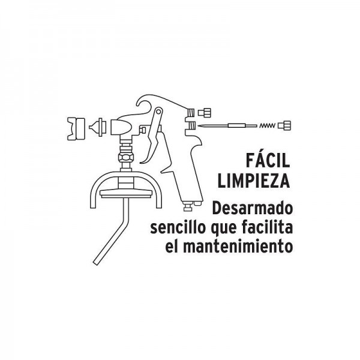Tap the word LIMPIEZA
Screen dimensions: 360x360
pyautogui.click(x=254, y=181)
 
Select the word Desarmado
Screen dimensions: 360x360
pyautogui.click(x=253, y=208)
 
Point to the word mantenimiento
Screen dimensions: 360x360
pyautogui.click(x=238, y=246)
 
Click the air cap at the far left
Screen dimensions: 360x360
pyautogui.click(x=76, y=129)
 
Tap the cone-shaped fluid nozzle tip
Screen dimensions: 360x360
pyautogui.click(x=98, y=127)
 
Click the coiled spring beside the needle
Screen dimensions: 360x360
pyautogui.click(x=267, y=125)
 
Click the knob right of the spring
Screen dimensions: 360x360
pyautogui.click(x=284, y=125)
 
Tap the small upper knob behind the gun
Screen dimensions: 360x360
pyautogui.click(x=205, y=113)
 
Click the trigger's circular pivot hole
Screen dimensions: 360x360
pyautogui.click(x=158, y=112)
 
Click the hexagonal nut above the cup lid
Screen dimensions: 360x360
pyautogui.click(x=126, y=157)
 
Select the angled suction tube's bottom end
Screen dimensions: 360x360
pyautogui.click(x=97, y=262)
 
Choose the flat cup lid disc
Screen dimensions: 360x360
pyautogui.click(x=126, y=194)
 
